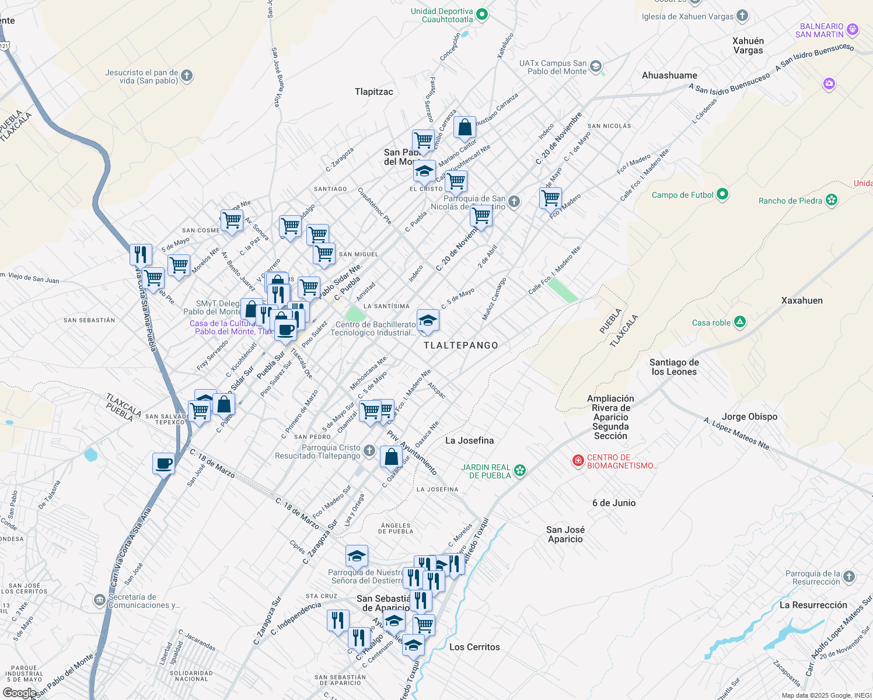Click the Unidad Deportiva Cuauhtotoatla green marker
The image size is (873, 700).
481,15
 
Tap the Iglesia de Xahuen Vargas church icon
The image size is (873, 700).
742,16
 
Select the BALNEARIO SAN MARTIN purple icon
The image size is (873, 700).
853,29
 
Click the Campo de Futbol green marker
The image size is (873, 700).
722,194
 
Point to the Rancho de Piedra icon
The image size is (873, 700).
832,200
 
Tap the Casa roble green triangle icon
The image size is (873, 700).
740,322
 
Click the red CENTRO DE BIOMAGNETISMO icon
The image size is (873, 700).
578,461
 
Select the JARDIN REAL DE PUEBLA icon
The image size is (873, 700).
520,471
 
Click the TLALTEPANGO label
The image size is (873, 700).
461,345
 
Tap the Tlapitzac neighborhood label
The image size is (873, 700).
374,92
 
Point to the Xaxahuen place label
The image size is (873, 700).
802,300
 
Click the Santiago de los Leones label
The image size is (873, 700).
674,367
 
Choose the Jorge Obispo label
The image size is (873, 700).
749,416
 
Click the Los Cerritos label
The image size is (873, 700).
474,647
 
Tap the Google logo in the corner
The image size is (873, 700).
19,692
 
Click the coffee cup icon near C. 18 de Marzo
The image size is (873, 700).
163,463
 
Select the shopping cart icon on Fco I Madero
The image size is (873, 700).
550,198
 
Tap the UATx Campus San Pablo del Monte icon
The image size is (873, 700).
595,66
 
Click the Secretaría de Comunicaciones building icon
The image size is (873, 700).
100,600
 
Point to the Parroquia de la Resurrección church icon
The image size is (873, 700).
849,577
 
